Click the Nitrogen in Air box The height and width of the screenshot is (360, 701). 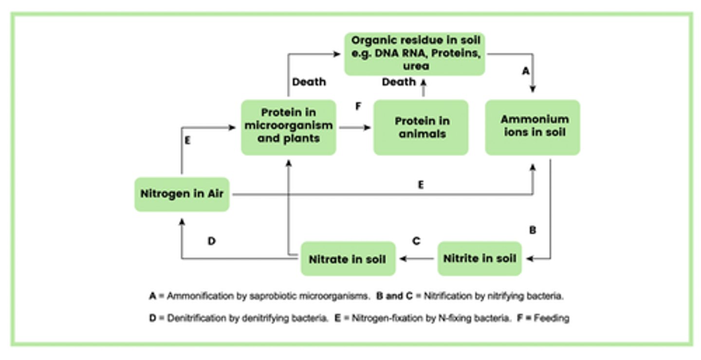[182, 194]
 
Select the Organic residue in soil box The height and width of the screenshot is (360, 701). [415, 54]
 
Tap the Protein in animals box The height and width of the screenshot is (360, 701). [421, 127]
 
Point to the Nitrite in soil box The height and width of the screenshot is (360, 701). [480, 258]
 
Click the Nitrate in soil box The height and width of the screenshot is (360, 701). [348, 259]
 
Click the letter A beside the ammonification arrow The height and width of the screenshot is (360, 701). [525, 72]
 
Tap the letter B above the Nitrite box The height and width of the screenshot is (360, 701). [533, 230]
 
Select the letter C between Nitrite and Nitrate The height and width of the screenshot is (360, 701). [416, 241]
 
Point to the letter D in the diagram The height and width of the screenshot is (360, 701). [211, 241]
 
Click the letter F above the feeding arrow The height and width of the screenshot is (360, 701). [358, 106]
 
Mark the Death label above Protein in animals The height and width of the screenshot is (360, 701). [399, 82]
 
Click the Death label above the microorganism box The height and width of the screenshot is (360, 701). [309, 82]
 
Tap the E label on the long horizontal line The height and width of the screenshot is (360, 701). [421, 185]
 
